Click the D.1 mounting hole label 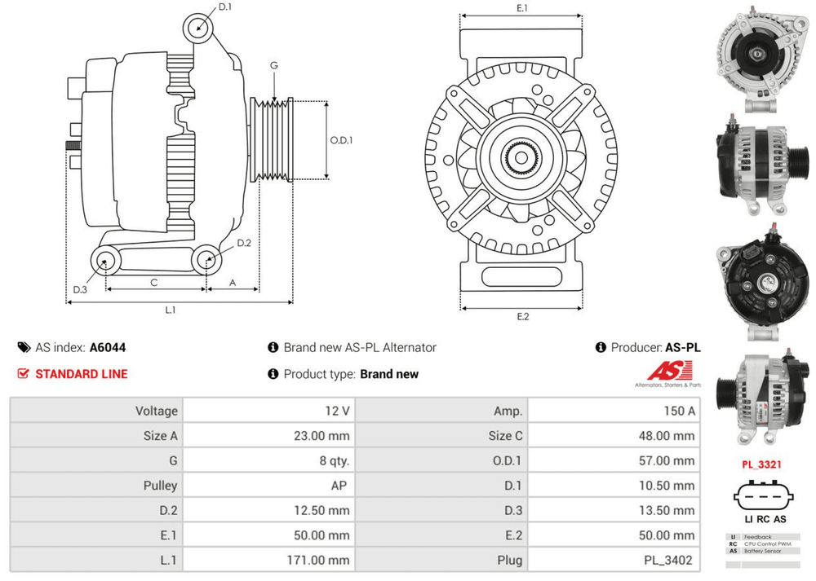[225, 7]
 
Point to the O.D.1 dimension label [341, 139]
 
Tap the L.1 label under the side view [171, 310]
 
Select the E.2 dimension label [523, 316]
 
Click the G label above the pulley [274, 65]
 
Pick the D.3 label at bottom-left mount [80, 289]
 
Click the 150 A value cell [679, 411]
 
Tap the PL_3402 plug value [668, 560]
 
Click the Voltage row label [156, 411]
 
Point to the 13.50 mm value [667, 510]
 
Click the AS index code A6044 [108, 347]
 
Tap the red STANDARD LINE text [81, 374]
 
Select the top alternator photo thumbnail [762, 54]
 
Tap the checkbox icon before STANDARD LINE [23, 374]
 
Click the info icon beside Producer [601, 347]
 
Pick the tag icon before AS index [24, 347]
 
